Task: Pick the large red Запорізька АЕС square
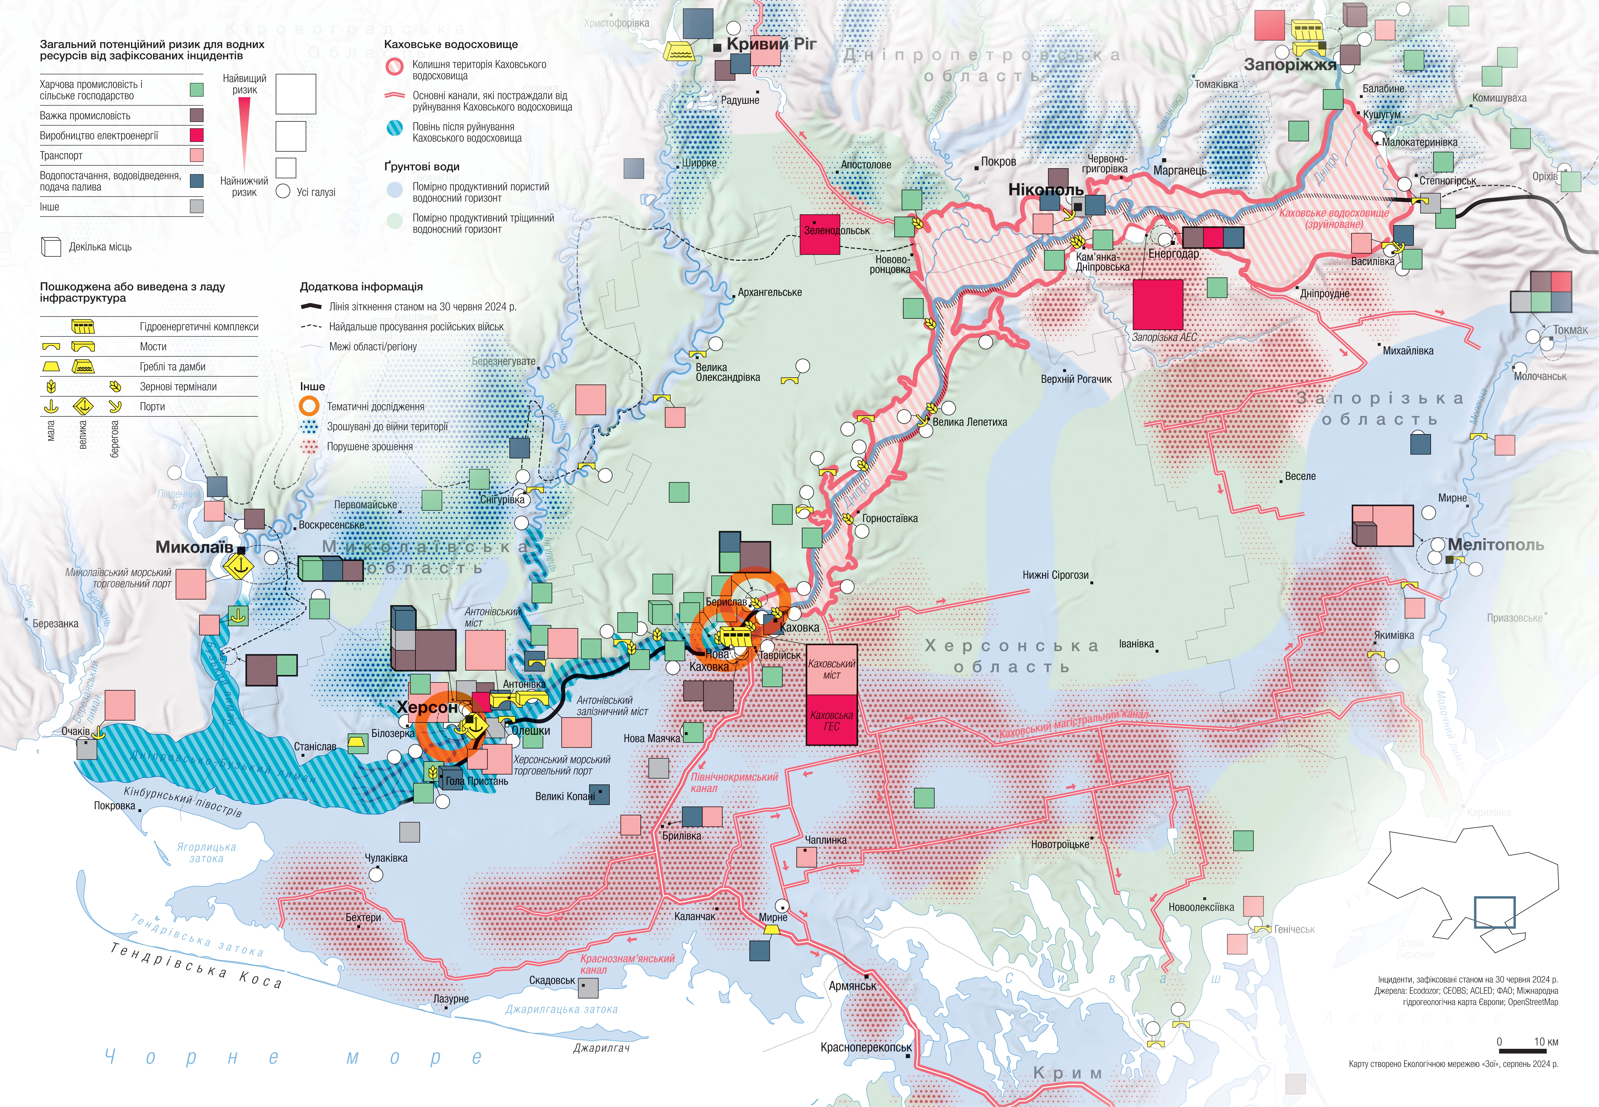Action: coord(1157,304)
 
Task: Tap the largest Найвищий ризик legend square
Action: coord(296,94)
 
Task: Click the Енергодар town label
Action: coord(1173,254)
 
